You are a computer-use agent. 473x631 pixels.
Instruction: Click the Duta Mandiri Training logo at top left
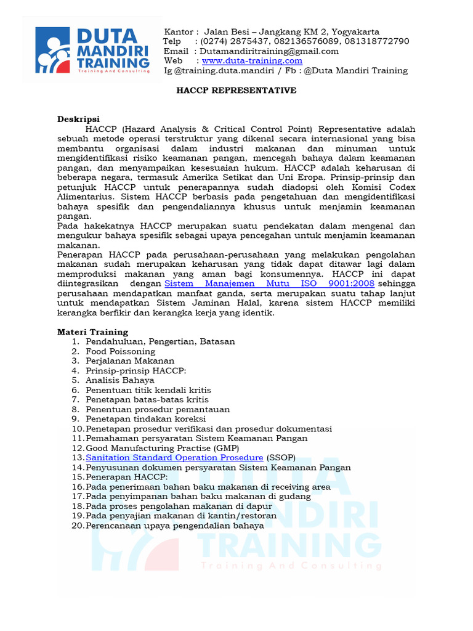click(92, 50)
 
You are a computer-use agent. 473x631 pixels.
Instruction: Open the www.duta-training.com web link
click(252, 60)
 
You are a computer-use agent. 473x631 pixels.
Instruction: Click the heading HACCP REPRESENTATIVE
click(236, 91)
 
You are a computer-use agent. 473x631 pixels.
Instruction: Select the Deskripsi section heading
click(78, 119)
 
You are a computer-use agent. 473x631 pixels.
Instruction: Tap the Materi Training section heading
click(92, 332)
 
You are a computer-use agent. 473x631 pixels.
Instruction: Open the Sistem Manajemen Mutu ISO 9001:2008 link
click(270, 283)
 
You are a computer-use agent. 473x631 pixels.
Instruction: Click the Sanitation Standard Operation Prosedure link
click(174, 458)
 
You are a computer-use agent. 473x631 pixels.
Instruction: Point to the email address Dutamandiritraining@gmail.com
click(269, 51)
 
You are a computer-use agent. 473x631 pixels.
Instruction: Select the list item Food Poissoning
click(120, 351)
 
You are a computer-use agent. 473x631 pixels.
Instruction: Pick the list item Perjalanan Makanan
click(130, 360)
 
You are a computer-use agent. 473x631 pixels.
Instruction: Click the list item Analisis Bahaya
click(120, 380)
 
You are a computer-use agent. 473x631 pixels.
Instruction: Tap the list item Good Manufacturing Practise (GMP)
click(162, 448)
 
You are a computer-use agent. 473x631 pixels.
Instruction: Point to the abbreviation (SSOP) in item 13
click(281, 458)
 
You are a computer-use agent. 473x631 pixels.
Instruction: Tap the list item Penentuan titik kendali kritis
click(148, 390)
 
